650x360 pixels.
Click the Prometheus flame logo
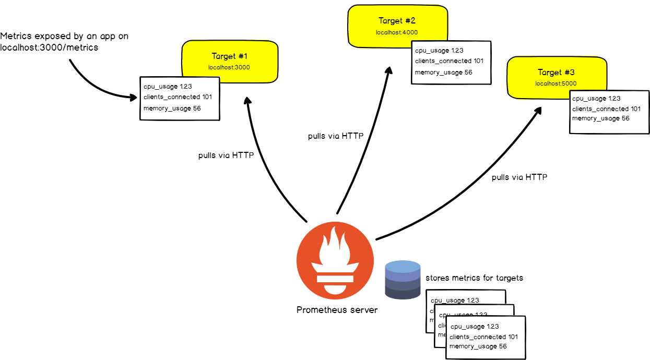(x=335, y=259)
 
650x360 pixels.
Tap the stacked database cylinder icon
(x=403, y=280)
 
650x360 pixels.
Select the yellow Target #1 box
(x=229, y=60)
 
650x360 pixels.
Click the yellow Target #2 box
(x=397, y=25)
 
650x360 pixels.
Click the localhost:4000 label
(x=397, y=32)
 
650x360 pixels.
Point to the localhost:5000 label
(x=556, y=83)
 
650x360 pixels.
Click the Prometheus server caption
(x=337, y=310)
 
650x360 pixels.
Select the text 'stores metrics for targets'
(x=474, y=278)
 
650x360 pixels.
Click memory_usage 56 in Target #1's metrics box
(x=172, y=109)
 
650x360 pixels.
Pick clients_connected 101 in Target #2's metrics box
(x=449, y=61)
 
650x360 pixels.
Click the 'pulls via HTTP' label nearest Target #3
(x=519, y=177)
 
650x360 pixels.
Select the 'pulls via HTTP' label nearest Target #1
(x=226, y=155)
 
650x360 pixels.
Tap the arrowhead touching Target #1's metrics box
(x=134, y=97)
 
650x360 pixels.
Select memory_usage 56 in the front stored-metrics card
(x=478, y=346)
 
